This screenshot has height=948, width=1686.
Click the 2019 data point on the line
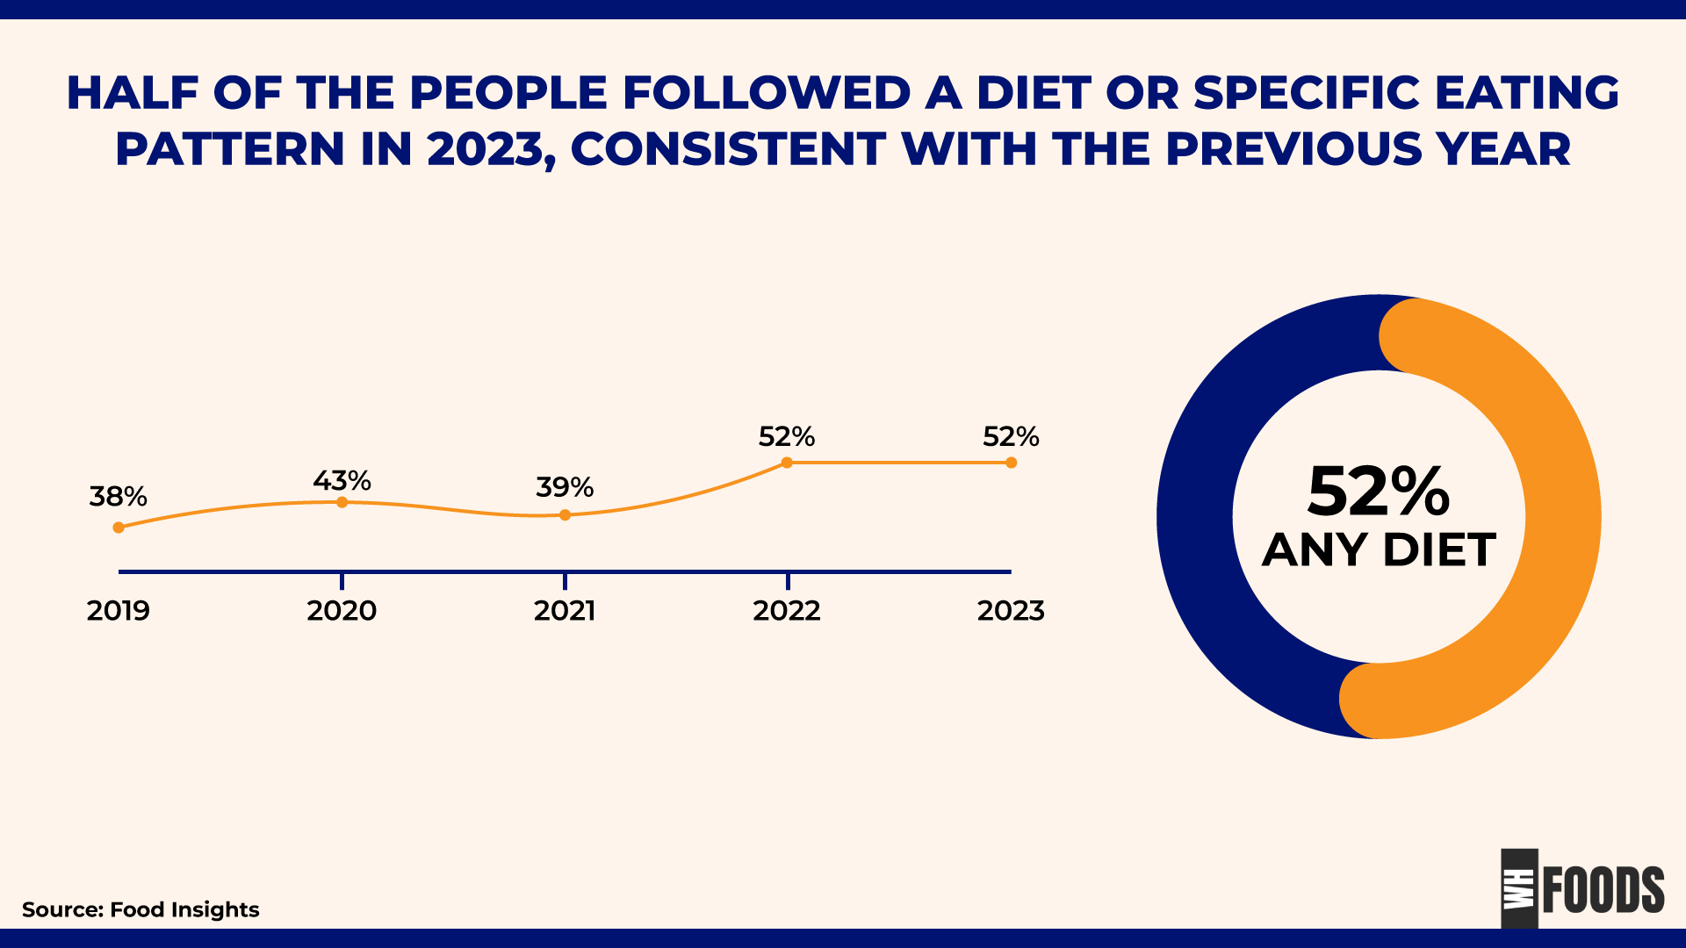point(119,528)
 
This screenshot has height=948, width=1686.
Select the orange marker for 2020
point(342,502)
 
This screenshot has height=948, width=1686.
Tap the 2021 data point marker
point(565,515)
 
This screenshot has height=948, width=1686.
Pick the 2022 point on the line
point(787,463)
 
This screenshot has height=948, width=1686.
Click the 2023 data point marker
point(1011,463)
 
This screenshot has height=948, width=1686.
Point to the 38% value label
point(118,497)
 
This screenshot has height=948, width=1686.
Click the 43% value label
point(342,481)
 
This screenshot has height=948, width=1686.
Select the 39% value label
point(565,487)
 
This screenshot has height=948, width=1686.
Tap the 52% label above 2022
point(787,436)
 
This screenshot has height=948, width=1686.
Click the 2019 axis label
point(118,611)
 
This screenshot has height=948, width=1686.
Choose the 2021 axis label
point(565,611)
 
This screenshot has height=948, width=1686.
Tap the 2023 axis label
point(1011,611)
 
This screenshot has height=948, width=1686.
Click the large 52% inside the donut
point(1378,492)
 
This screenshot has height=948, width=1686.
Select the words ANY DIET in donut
point(1379,550)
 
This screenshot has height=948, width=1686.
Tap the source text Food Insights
point(184,909)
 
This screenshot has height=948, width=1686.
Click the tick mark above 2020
point(342,580)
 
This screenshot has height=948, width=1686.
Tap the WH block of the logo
point(1519,888)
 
